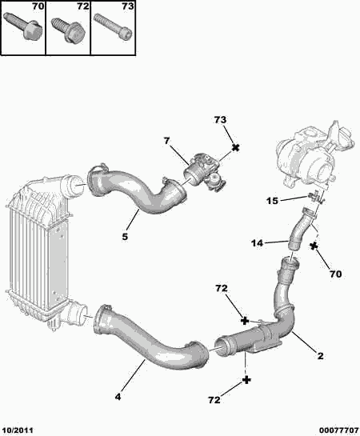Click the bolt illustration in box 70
[x=23, y=26]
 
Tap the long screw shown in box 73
[x=113, y=26]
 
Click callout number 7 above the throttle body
[x=166, y=141]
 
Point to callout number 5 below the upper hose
[x=125, y=237]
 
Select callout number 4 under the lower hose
[x=118, y=397]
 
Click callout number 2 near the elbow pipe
[x=321, y=356]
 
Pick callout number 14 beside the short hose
[x=257, y=243]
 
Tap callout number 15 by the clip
[x=273, y=201]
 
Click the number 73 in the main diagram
[x=220, y=120]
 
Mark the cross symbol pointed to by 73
[x=235, y=148]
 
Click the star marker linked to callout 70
[x=314, y=246]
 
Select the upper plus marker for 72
[x=245, y=321]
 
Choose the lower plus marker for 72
[x=246, y=380]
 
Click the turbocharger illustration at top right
[x=314, y=156]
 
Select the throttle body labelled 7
[x=205, y=172]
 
